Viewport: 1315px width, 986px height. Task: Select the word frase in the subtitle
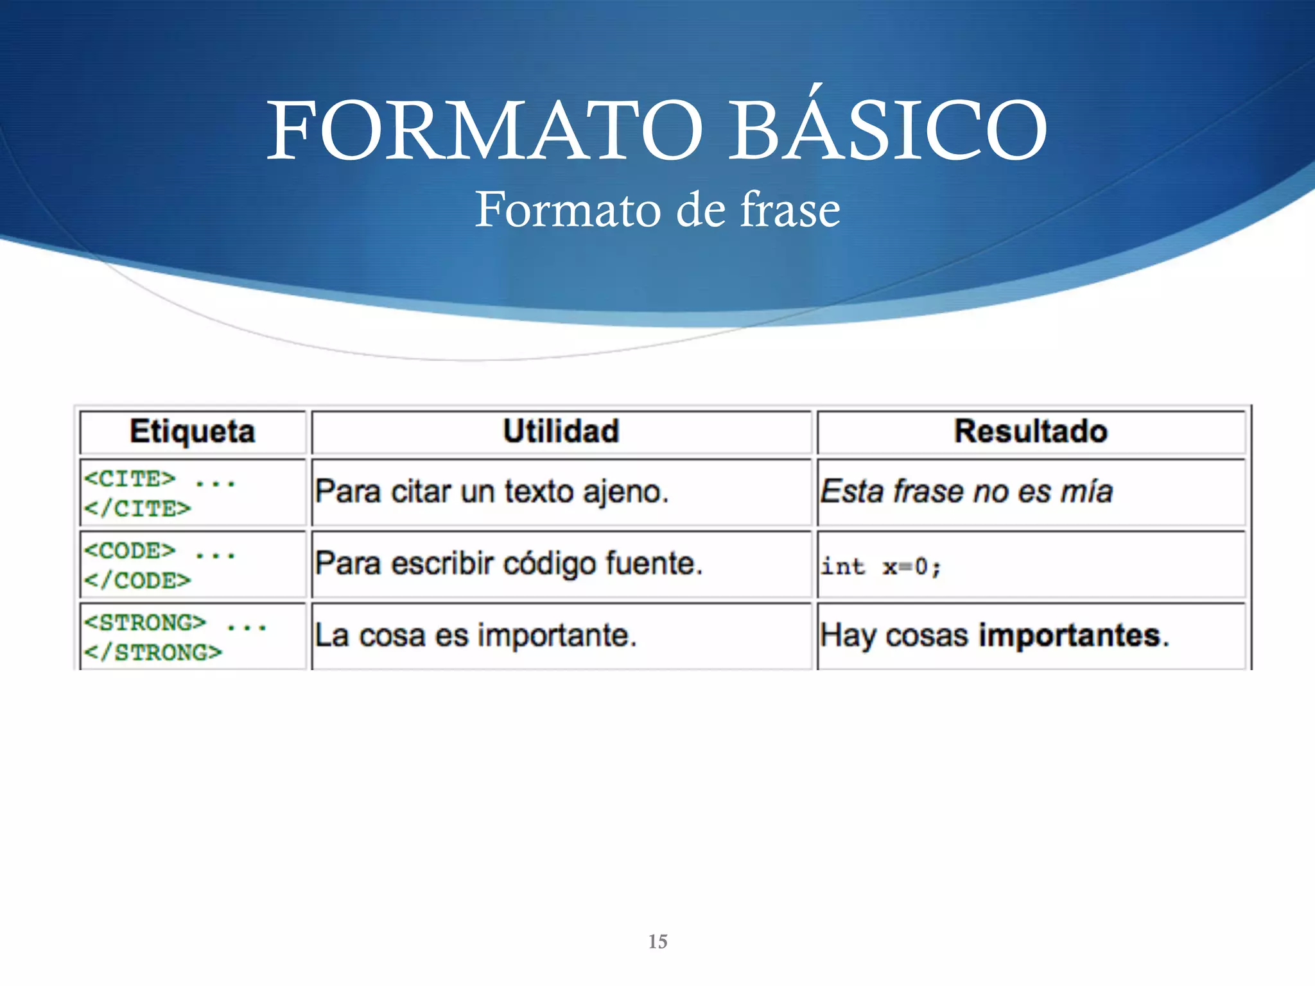[x=790, y=210]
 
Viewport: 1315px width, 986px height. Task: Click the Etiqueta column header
[x=192, y=431]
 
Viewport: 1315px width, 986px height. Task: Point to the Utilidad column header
[x=561, y=431]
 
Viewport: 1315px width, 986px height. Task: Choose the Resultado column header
[x=1031, y=431]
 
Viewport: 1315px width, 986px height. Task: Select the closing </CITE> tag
[x=137, y=509]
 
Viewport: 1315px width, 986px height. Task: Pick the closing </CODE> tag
[x=137, y=581]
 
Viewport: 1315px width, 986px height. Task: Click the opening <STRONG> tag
[x=145, y=623]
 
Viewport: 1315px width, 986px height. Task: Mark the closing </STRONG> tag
[x=153, y=653]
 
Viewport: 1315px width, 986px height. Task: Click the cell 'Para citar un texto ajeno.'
[x=492, y=492]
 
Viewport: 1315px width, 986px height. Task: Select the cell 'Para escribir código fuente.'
[x=509, y=564]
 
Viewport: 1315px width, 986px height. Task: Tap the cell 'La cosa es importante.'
[x=475, y=636]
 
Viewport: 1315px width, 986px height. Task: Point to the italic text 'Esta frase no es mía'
[x=966, y=492]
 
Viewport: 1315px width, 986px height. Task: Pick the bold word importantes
[x=1070, y=636]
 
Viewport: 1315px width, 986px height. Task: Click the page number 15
[x=657, y=942]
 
